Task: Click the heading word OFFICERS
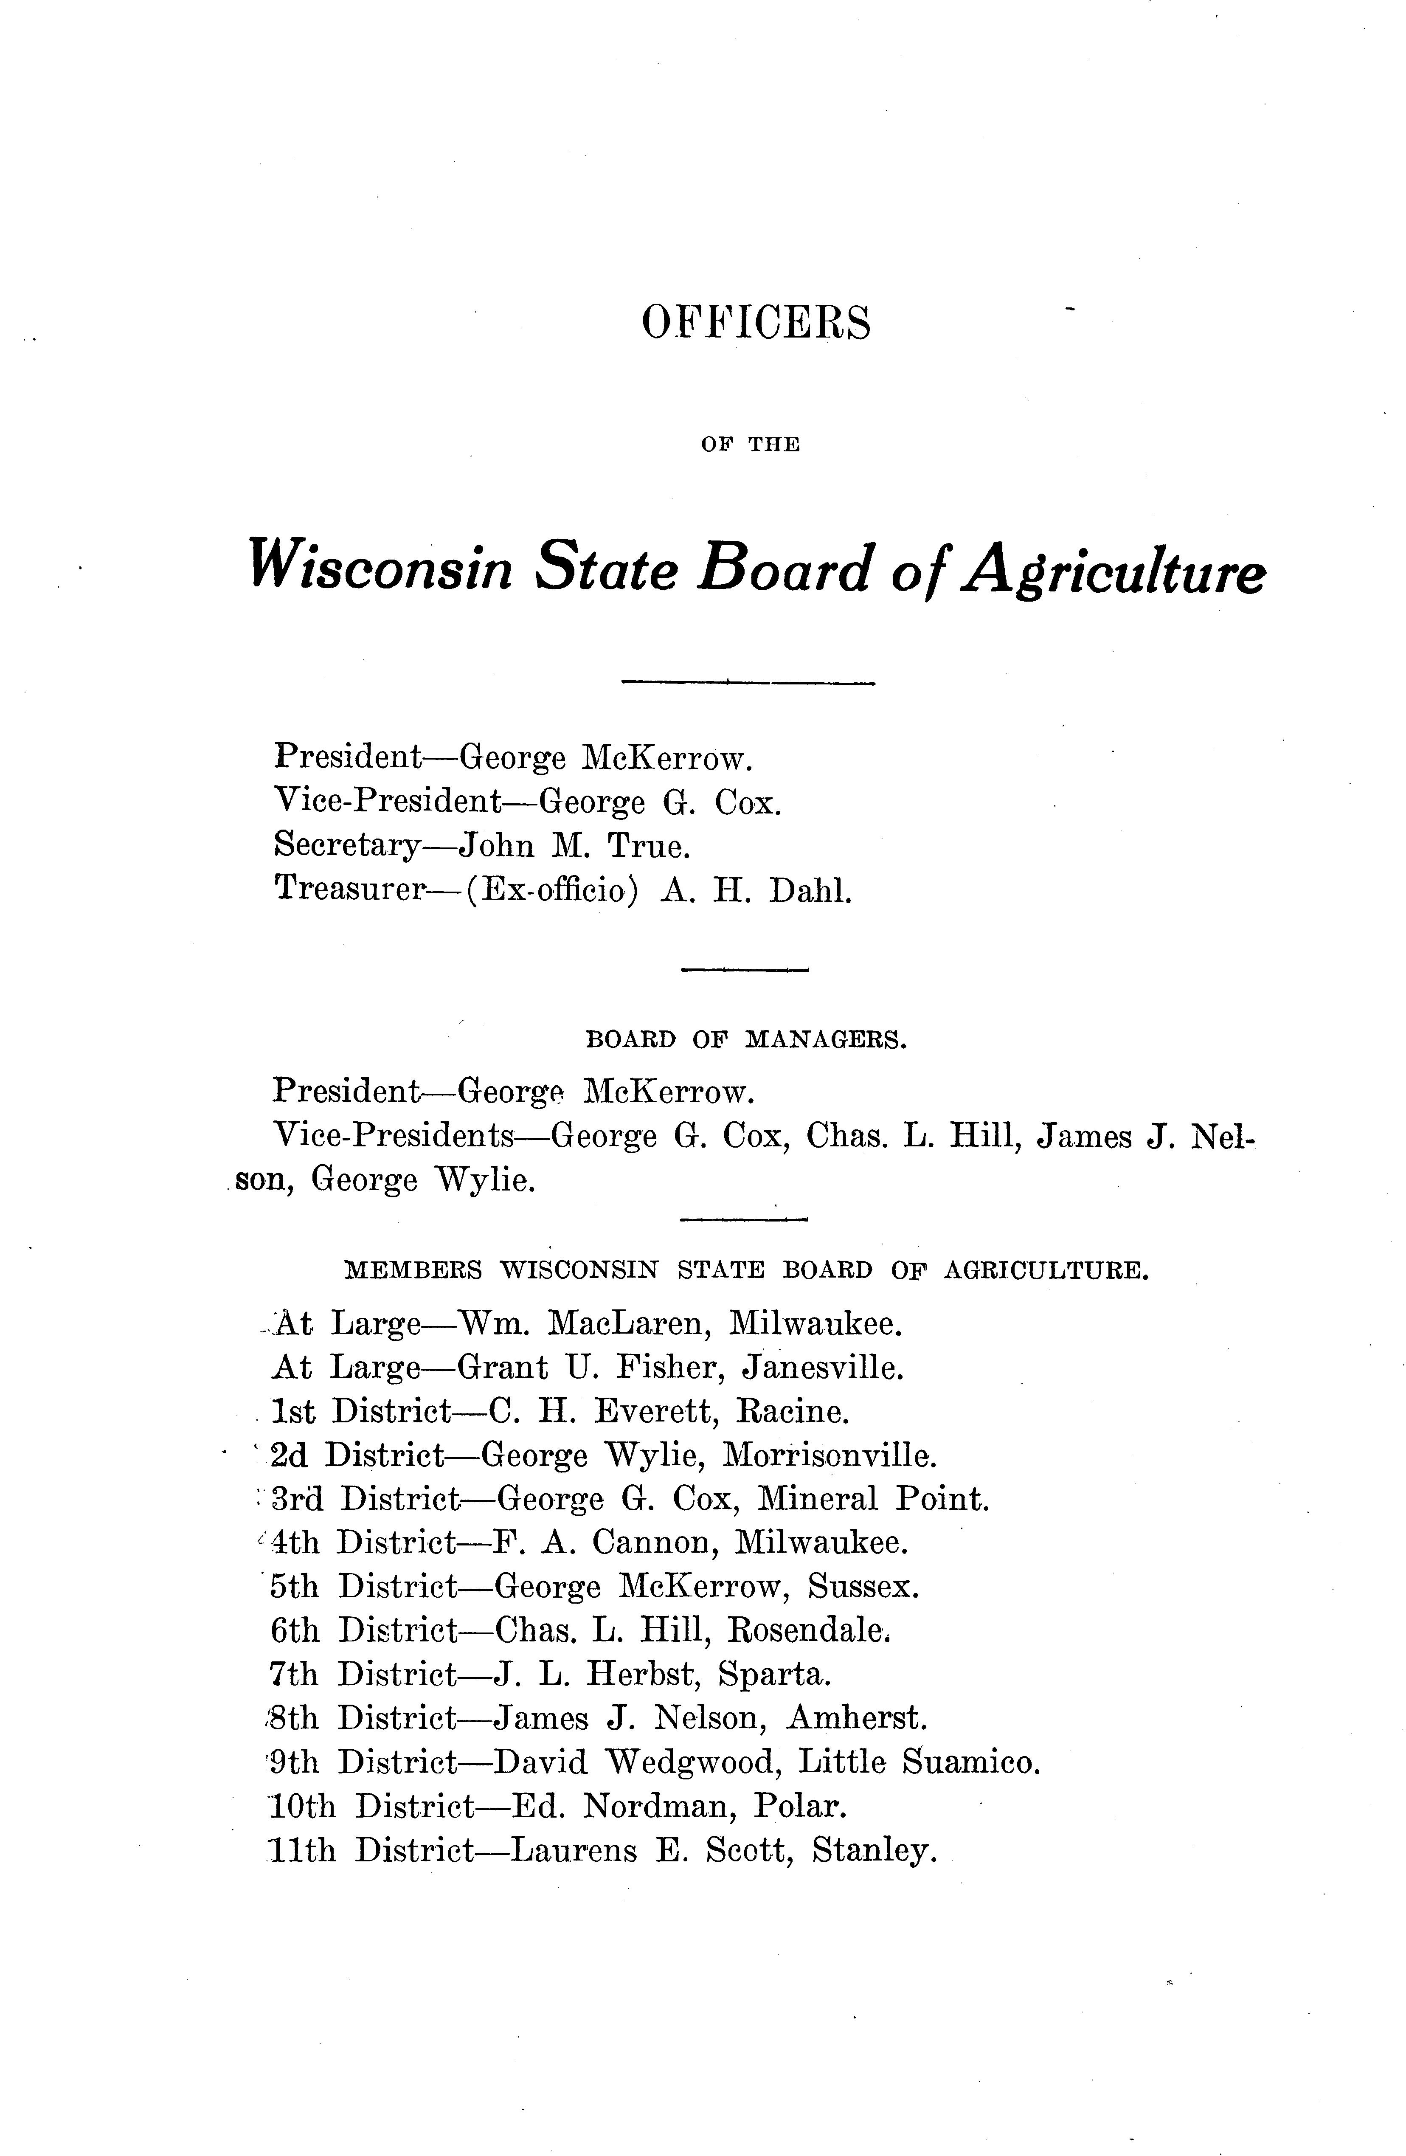(756, 324)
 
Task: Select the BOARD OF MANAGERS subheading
(746, 1040)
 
